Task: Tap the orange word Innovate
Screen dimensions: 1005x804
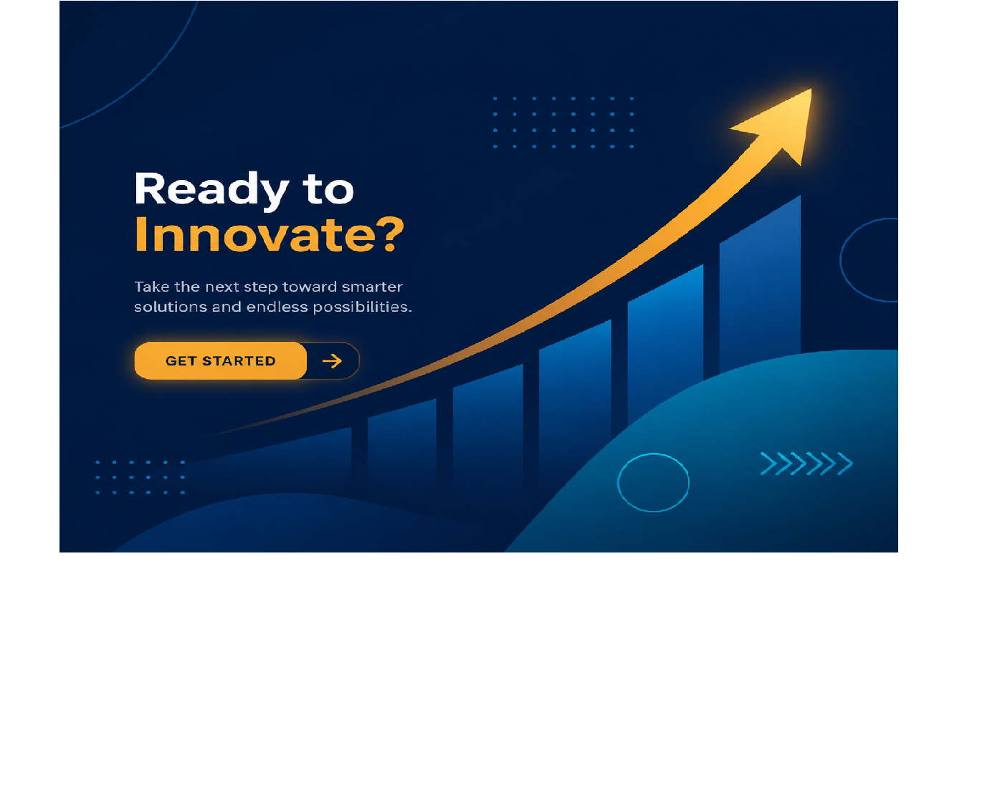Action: click(x=255, y=234)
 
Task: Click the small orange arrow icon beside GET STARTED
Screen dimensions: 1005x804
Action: click(x=332, y=361)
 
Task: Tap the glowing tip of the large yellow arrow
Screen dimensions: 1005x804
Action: click(x=810, y=90)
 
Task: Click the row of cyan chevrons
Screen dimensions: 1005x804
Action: click(x=806, y=464)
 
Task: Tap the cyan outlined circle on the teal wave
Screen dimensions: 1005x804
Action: click(x=653, y=454)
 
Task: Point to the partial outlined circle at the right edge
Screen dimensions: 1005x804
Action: click(x=840, y=259)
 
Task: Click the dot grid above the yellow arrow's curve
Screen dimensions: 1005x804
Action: click(x=563, y=123)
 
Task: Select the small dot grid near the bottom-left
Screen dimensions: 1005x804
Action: click(x=140, y=477)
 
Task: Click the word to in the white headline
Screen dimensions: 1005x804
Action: click(x=328, y=189)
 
